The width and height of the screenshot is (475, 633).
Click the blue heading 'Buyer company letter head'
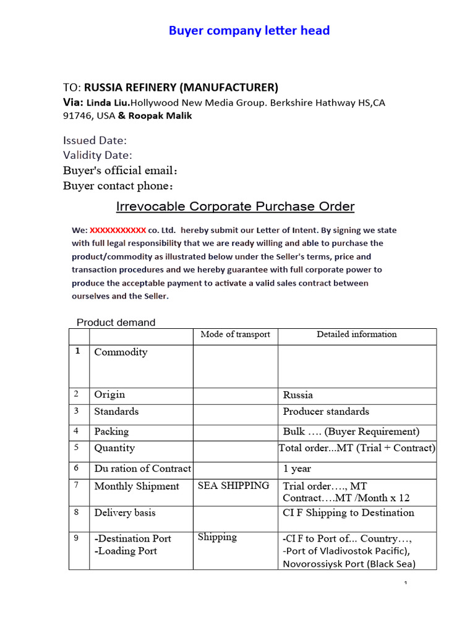click(x=249, y=30)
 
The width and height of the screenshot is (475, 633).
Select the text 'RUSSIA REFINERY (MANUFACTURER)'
click(x=181, y=87)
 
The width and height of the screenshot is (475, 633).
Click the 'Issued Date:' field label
click(x=95, y=140)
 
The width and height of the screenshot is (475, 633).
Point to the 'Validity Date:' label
click(x=98, y=155)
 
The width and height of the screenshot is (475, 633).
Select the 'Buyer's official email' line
click(x=124, y=171)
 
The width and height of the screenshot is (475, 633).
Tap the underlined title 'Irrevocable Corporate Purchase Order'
click(x=236, y=206)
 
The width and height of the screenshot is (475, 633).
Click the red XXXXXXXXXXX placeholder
click(x=118, y=229)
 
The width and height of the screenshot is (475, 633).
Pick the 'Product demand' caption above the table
click(x=116, y=322)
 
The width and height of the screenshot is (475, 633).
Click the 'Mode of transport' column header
click(x=235, y=334)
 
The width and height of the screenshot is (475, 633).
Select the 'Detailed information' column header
click(x=357, y=334)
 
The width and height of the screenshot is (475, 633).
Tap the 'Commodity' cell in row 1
click(x=121, y=352)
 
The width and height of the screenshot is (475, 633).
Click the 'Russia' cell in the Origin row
click(x=298, y=395)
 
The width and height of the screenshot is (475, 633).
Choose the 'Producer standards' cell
click(x=326, y=412)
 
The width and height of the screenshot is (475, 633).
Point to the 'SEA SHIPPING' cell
click(x=234, y=486)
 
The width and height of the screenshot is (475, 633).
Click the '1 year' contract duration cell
click(x=297, y=469)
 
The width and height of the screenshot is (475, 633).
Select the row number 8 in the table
click(x=77, y=512)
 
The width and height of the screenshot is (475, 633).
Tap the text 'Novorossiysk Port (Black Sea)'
click(x=349, y=564)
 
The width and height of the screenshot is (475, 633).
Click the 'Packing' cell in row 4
click(x=111, y=431)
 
